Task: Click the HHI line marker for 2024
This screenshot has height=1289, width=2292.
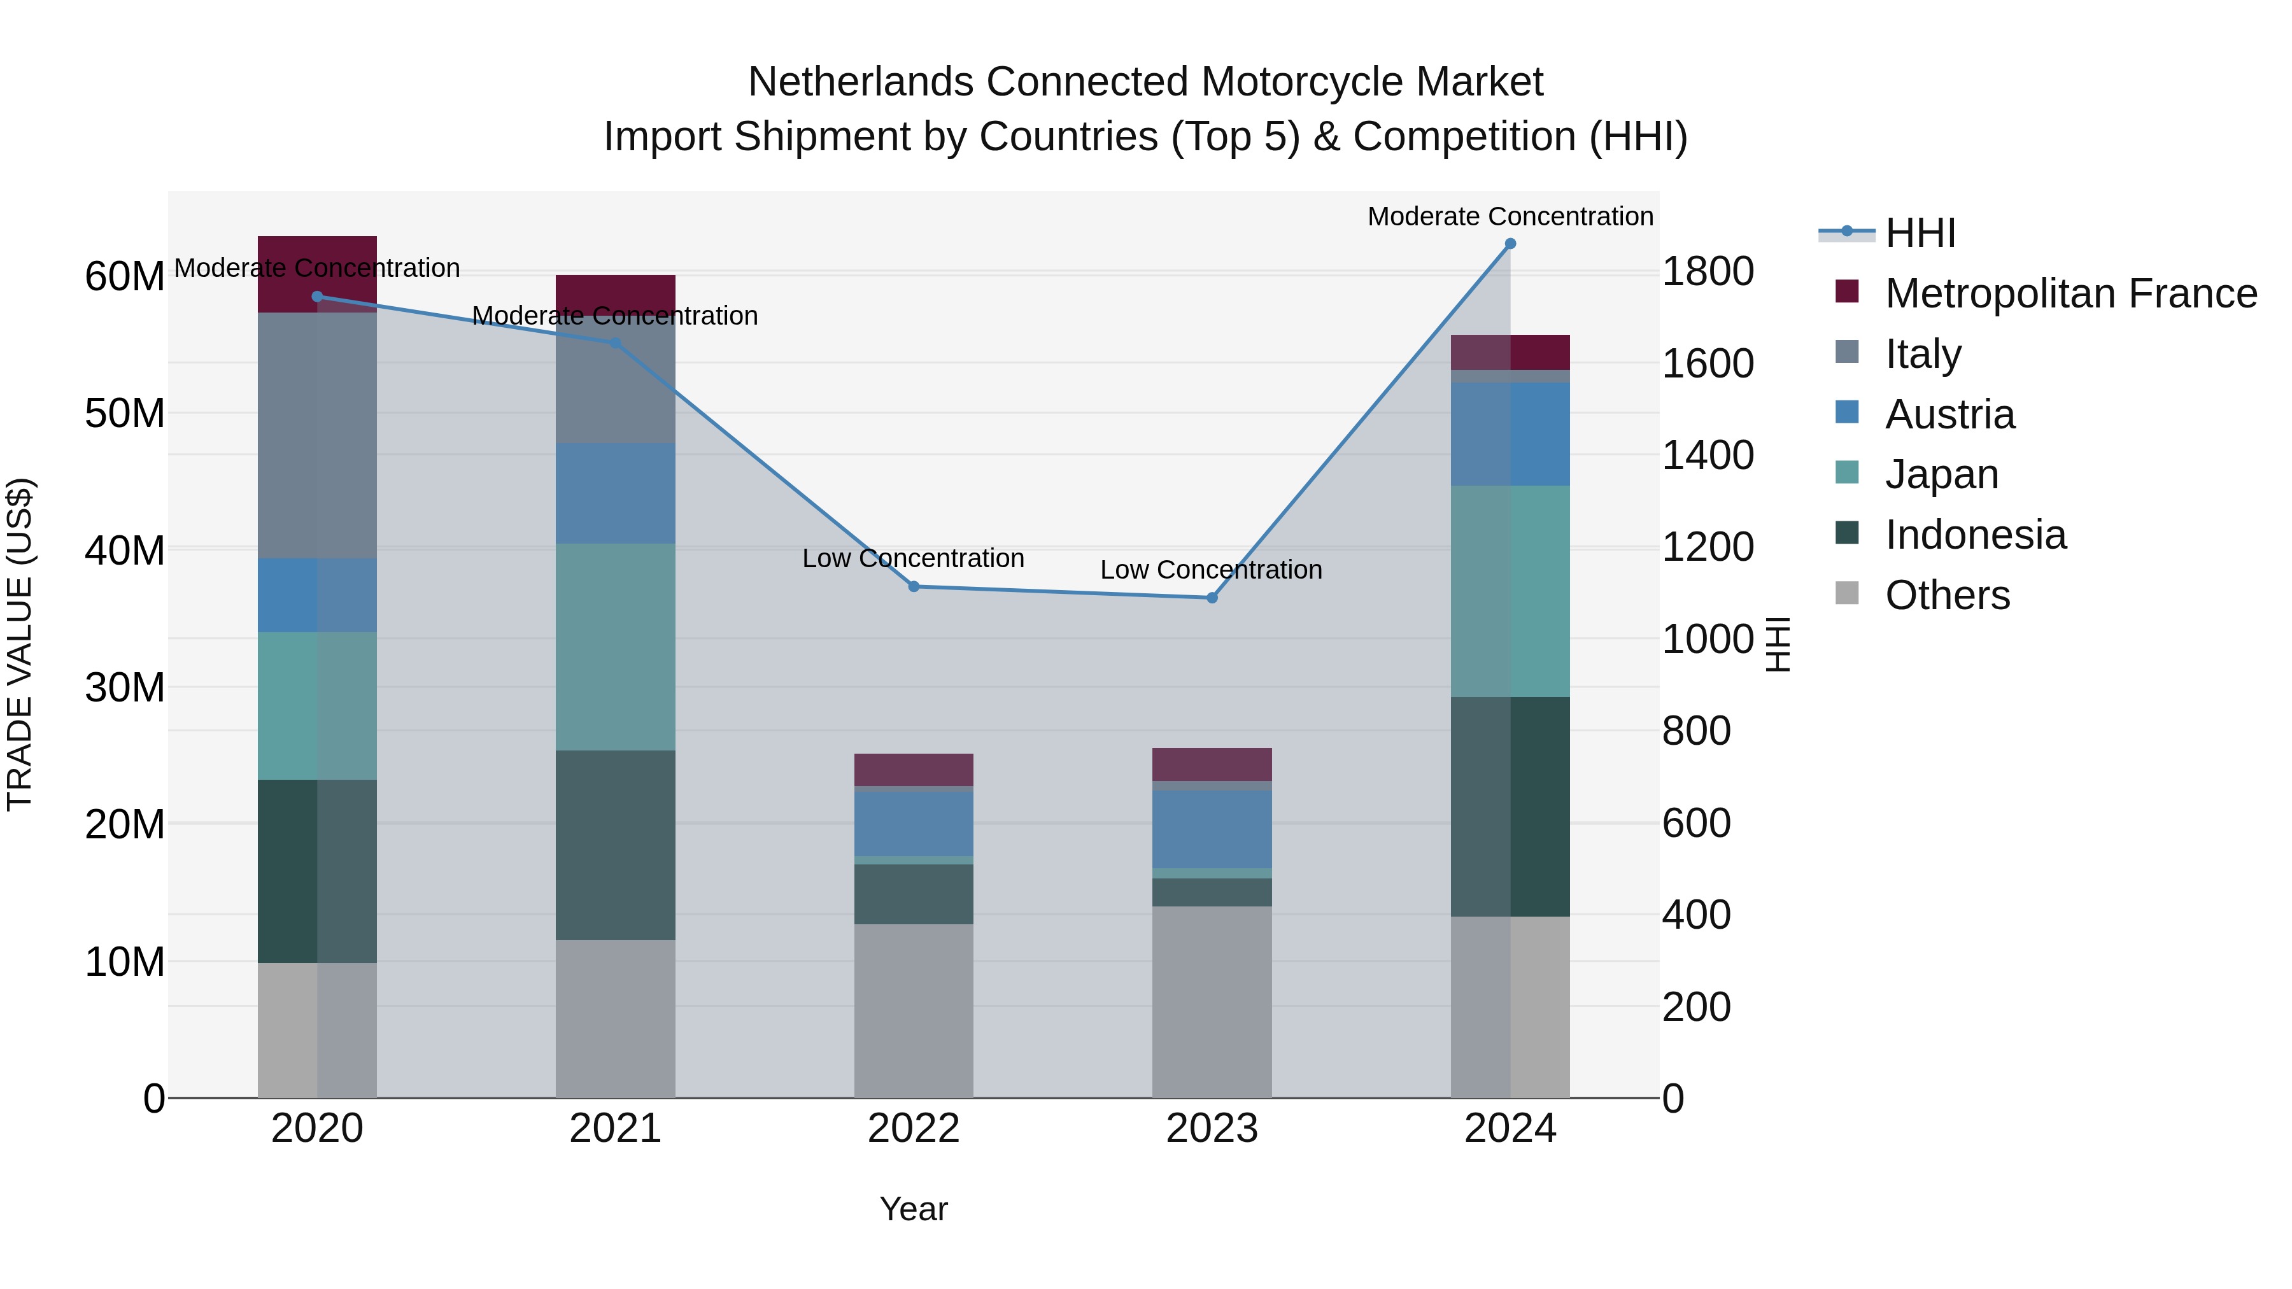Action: [1510, 244]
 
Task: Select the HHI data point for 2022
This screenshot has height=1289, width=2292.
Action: [914, 586]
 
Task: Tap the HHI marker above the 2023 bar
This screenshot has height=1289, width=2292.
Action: [1211, 598]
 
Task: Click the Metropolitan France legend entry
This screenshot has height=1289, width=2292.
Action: [2070, 293]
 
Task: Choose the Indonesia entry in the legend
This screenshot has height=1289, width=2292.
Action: [1975, 535]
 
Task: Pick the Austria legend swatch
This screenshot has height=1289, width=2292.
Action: [1847, 412]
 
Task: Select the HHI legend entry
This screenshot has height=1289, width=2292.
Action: [1920, 233]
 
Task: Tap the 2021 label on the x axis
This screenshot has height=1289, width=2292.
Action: [615, 1129]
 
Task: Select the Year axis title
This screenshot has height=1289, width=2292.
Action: [914, 1209]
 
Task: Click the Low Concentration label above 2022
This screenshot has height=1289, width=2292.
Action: [914, 559]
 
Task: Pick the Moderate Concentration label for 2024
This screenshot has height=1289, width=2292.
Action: [1510, 216]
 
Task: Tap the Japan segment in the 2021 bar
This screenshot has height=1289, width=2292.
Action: [615, 647]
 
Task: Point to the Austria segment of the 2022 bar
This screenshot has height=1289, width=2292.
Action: [914, 823]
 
